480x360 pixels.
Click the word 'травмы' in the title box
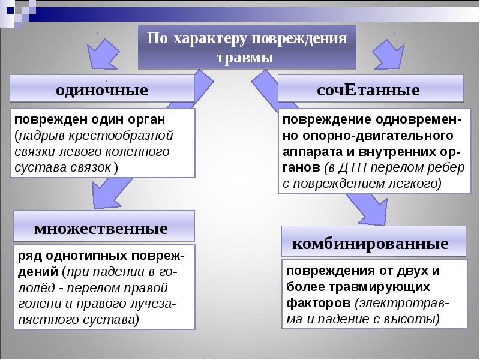click(x=247, y=58)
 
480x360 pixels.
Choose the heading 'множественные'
click(x=101, y=229)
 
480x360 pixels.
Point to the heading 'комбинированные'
click(x=370, y=244)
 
